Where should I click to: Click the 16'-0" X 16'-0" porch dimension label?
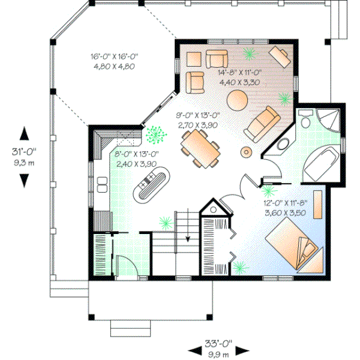tap(115, 61)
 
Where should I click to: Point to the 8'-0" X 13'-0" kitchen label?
tap(136, 158)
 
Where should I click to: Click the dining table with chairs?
tap(200, 147)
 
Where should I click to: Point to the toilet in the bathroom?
tap(305, 121)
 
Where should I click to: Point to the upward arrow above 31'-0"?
tap(25, 134)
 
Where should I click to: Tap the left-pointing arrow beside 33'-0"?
tap(194, 350)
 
